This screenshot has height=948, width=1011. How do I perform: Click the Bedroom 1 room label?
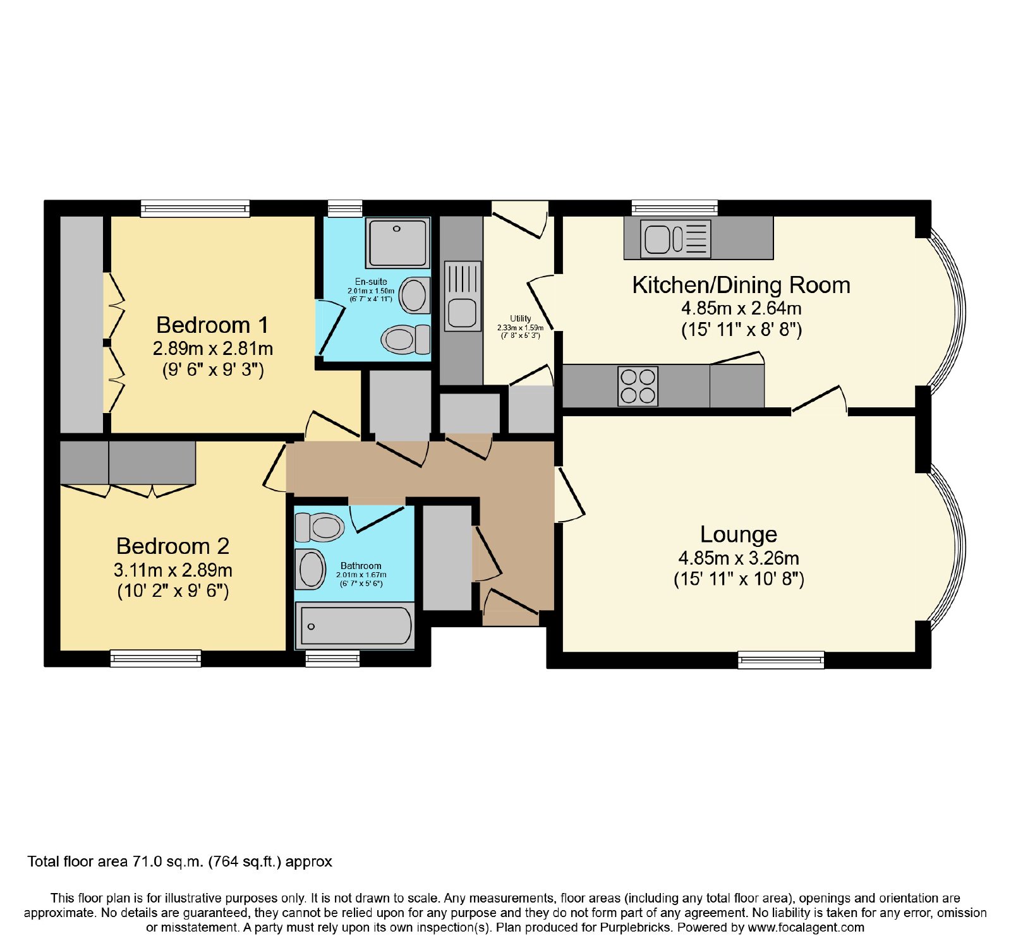pos(212,325)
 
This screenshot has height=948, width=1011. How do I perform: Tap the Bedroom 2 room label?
pos(173,546)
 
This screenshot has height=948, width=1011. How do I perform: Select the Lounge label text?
pos(738,535)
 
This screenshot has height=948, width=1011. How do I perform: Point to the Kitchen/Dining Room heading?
pos(741,285)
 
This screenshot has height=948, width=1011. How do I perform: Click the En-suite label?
pos(371,282)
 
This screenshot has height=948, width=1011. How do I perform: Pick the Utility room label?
pos(521,318)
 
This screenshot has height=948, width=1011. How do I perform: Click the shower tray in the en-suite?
pos(397,243)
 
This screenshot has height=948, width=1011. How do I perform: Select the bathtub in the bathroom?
pos(355,626)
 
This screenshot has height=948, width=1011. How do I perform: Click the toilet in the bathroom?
pos(319,527)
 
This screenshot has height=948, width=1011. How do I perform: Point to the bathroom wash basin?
pos(311,569)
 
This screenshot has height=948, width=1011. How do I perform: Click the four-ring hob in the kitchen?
pos(638,386)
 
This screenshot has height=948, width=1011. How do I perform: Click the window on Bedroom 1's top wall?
pos(195,208)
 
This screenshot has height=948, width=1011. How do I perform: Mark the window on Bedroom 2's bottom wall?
pos(155,659)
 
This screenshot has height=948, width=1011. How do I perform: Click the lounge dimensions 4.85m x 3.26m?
pos(739,558)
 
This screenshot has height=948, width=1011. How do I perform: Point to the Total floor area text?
pos(180,861)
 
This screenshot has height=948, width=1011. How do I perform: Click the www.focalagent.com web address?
pos(806,928)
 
